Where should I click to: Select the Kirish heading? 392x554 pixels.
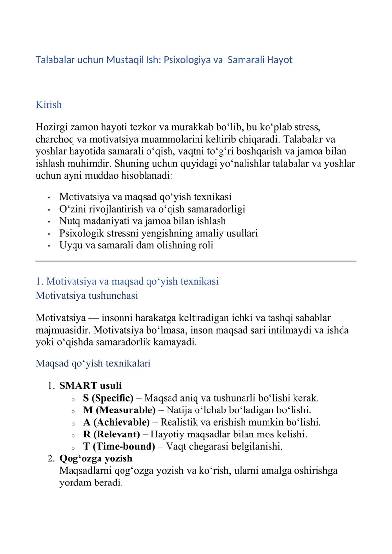[x=49, y=105]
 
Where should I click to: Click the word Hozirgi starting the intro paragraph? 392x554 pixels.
[x=52, y=128]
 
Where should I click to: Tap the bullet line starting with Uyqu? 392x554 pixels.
[x=136, y=245]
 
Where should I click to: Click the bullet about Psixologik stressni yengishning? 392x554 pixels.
[x=158, y=234]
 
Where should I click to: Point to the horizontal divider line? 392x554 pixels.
[x=196, y=261]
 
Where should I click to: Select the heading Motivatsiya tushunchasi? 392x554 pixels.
[x=87, y=296]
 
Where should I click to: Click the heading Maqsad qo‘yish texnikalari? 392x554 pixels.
[x=93, y=363]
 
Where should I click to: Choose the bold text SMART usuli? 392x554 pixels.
[x=90, y=386]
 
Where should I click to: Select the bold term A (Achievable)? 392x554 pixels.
[x=116, y=422]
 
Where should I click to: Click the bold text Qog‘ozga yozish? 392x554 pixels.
[x=96, y=458]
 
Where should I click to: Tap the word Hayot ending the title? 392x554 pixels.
[x=279, y=60]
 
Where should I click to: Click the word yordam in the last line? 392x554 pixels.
[x=73, y=482]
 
